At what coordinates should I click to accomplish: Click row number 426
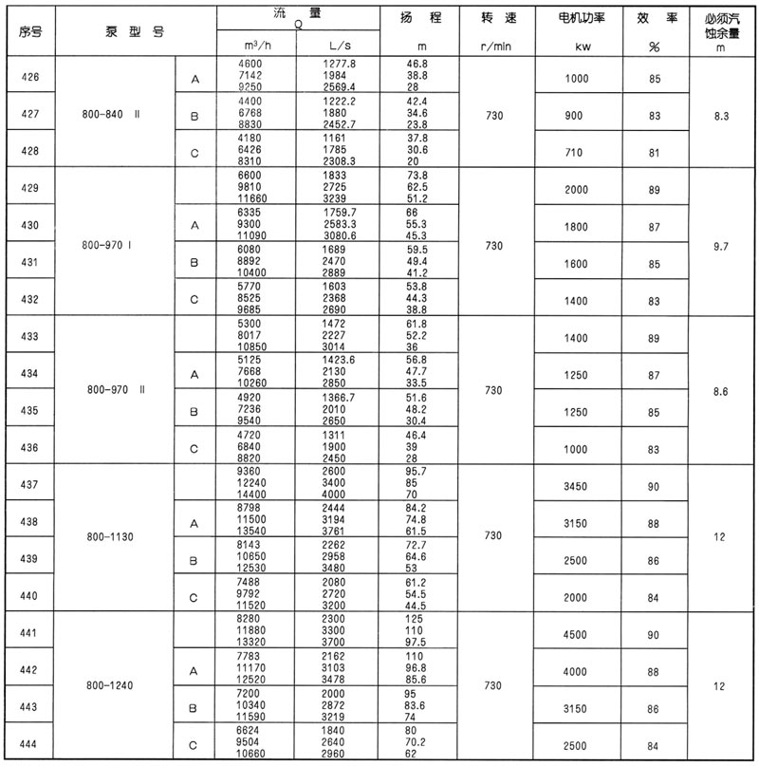(28, 79)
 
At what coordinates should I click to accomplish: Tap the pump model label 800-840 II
(112, 115)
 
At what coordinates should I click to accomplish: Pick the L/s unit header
(339, 47)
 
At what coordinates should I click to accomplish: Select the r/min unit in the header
(498, 47)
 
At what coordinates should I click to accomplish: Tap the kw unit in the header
(576, 47)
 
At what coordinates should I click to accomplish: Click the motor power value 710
(576, 151)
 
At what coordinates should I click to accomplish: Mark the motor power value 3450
(576, 485)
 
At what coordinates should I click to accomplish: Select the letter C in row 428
(194, 151)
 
